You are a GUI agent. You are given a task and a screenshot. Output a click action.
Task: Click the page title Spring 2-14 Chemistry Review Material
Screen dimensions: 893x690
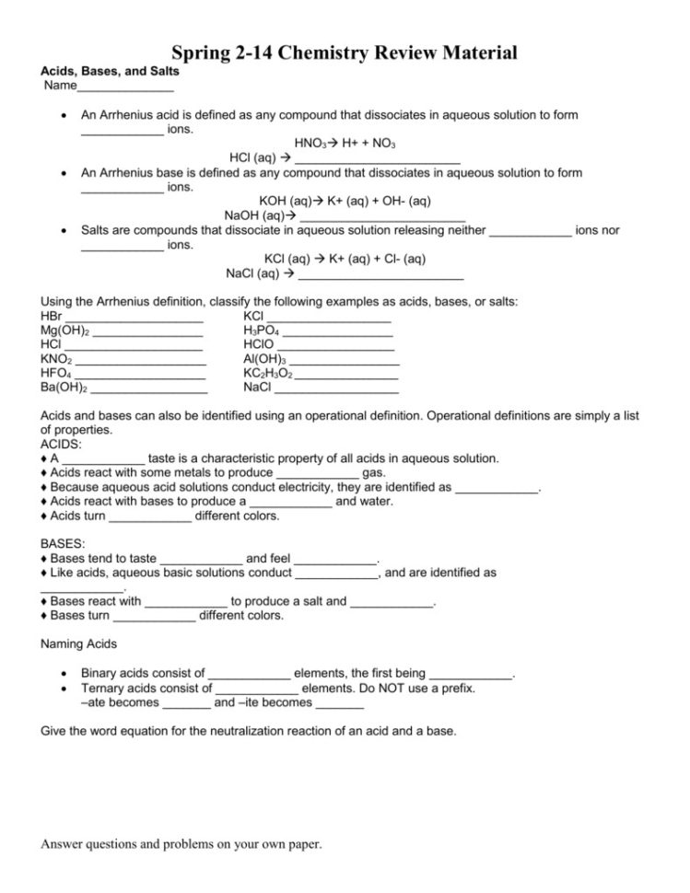point(345,53)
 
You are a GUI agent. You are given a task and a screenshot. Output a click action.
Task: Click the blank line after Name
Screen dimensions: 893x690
point(124,89)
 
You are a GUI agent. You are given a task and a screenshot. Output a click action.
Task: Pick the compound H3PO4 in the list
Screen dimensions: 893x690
point(262,330)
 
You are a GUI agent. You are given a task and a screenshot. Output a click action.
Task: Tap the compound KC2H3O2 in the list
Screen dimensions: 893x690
point(268,374)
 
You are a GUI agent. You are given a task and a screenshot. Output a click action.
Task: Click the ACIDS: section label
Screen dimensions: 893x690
point(61,444)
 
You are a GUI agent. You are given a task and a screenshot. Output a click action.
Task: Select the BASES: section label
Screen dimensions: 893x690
point(64,544)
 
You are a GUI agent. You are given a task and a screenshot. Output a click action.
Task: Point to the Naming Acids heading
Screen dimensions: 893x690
point(79,644)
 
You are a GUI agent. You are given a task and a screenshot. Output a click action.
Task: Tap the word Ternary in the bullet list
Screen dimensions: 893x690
point(104,688)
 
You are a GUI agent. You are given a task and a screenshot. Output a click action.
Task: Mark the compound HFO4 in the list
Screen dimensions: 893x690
point(56,374)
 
